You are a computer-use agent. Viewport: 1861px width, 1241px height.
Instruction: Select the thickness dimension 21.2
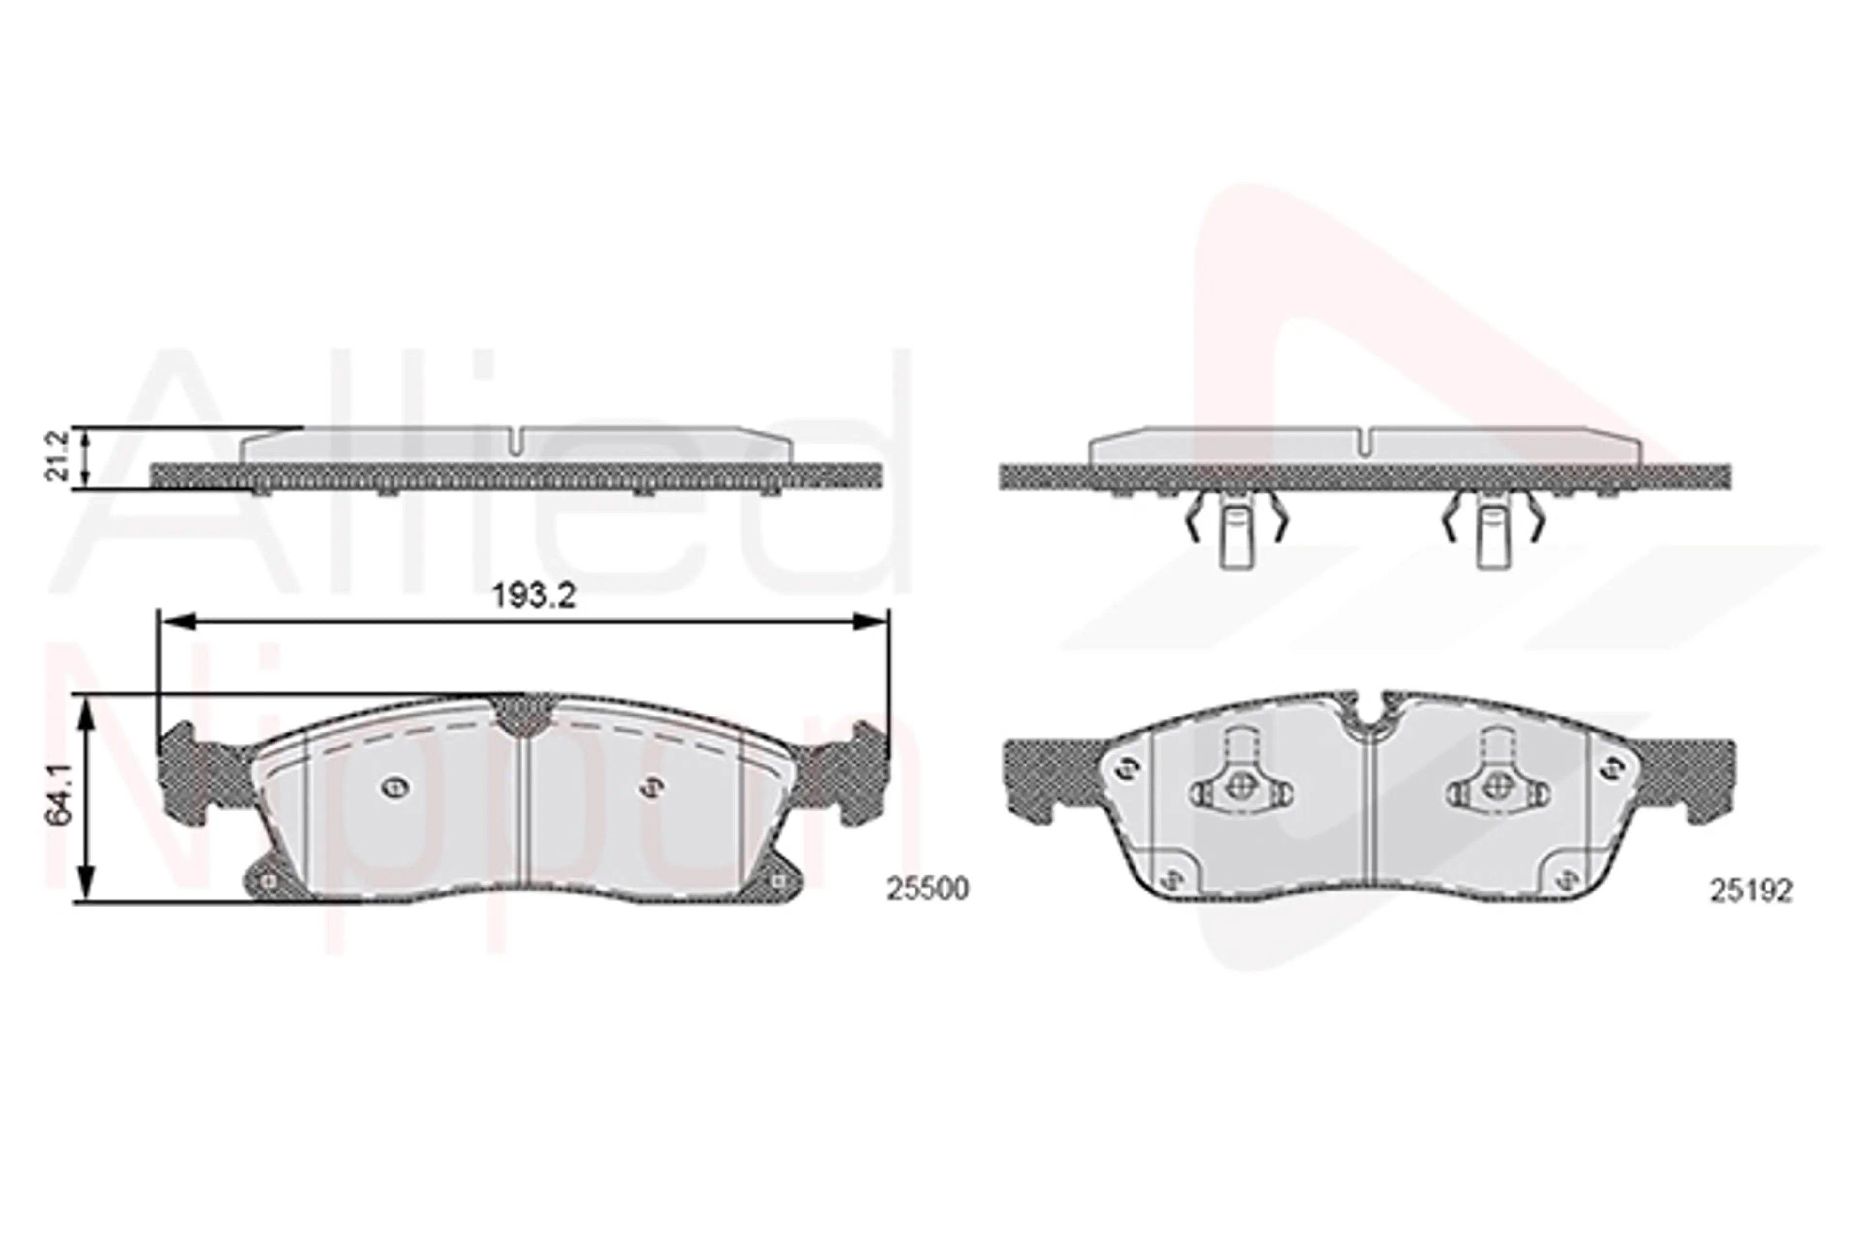pos(58,457)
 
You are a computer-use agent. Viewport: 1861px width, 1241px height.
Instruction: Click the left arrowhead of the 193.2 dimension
pos(175,621)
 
